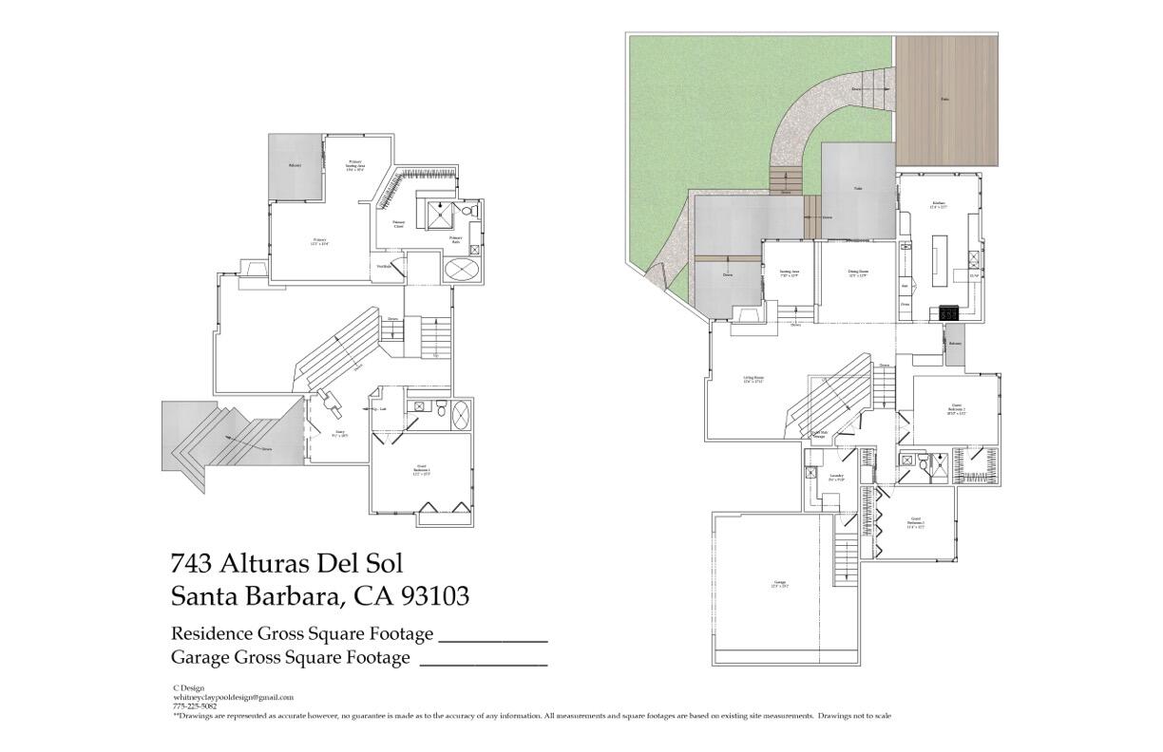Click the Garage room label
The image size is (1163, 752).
tap(780, 584)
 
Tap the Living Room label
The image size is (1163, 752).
tap(753, 380)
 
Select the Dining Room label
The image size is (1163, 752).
tap(858, 273)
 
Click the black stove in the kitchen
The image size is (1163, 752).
tap(948, 311)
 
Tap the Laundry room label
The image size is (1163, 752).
tap(836, 477)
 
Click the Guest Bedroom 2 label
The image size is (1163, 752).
tap(955, 410)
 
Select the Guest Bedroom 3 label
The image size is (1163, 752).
tap(915, 521)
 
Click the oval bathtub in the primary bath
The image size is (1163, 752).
tap(463, 270)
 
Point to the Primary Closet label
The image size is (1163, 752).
tap(399, 224)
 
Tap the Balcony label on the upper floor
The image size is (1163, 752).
tap(295, 166)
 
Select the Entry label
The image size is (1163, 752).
tap(339, 434)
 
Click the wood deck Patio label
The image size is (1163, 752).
tap(945, 99)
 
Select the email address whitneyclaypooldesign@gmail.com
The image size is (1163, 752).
tap(233, 697)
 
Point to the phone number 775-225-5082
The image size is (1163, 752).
tap(194, 705)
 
